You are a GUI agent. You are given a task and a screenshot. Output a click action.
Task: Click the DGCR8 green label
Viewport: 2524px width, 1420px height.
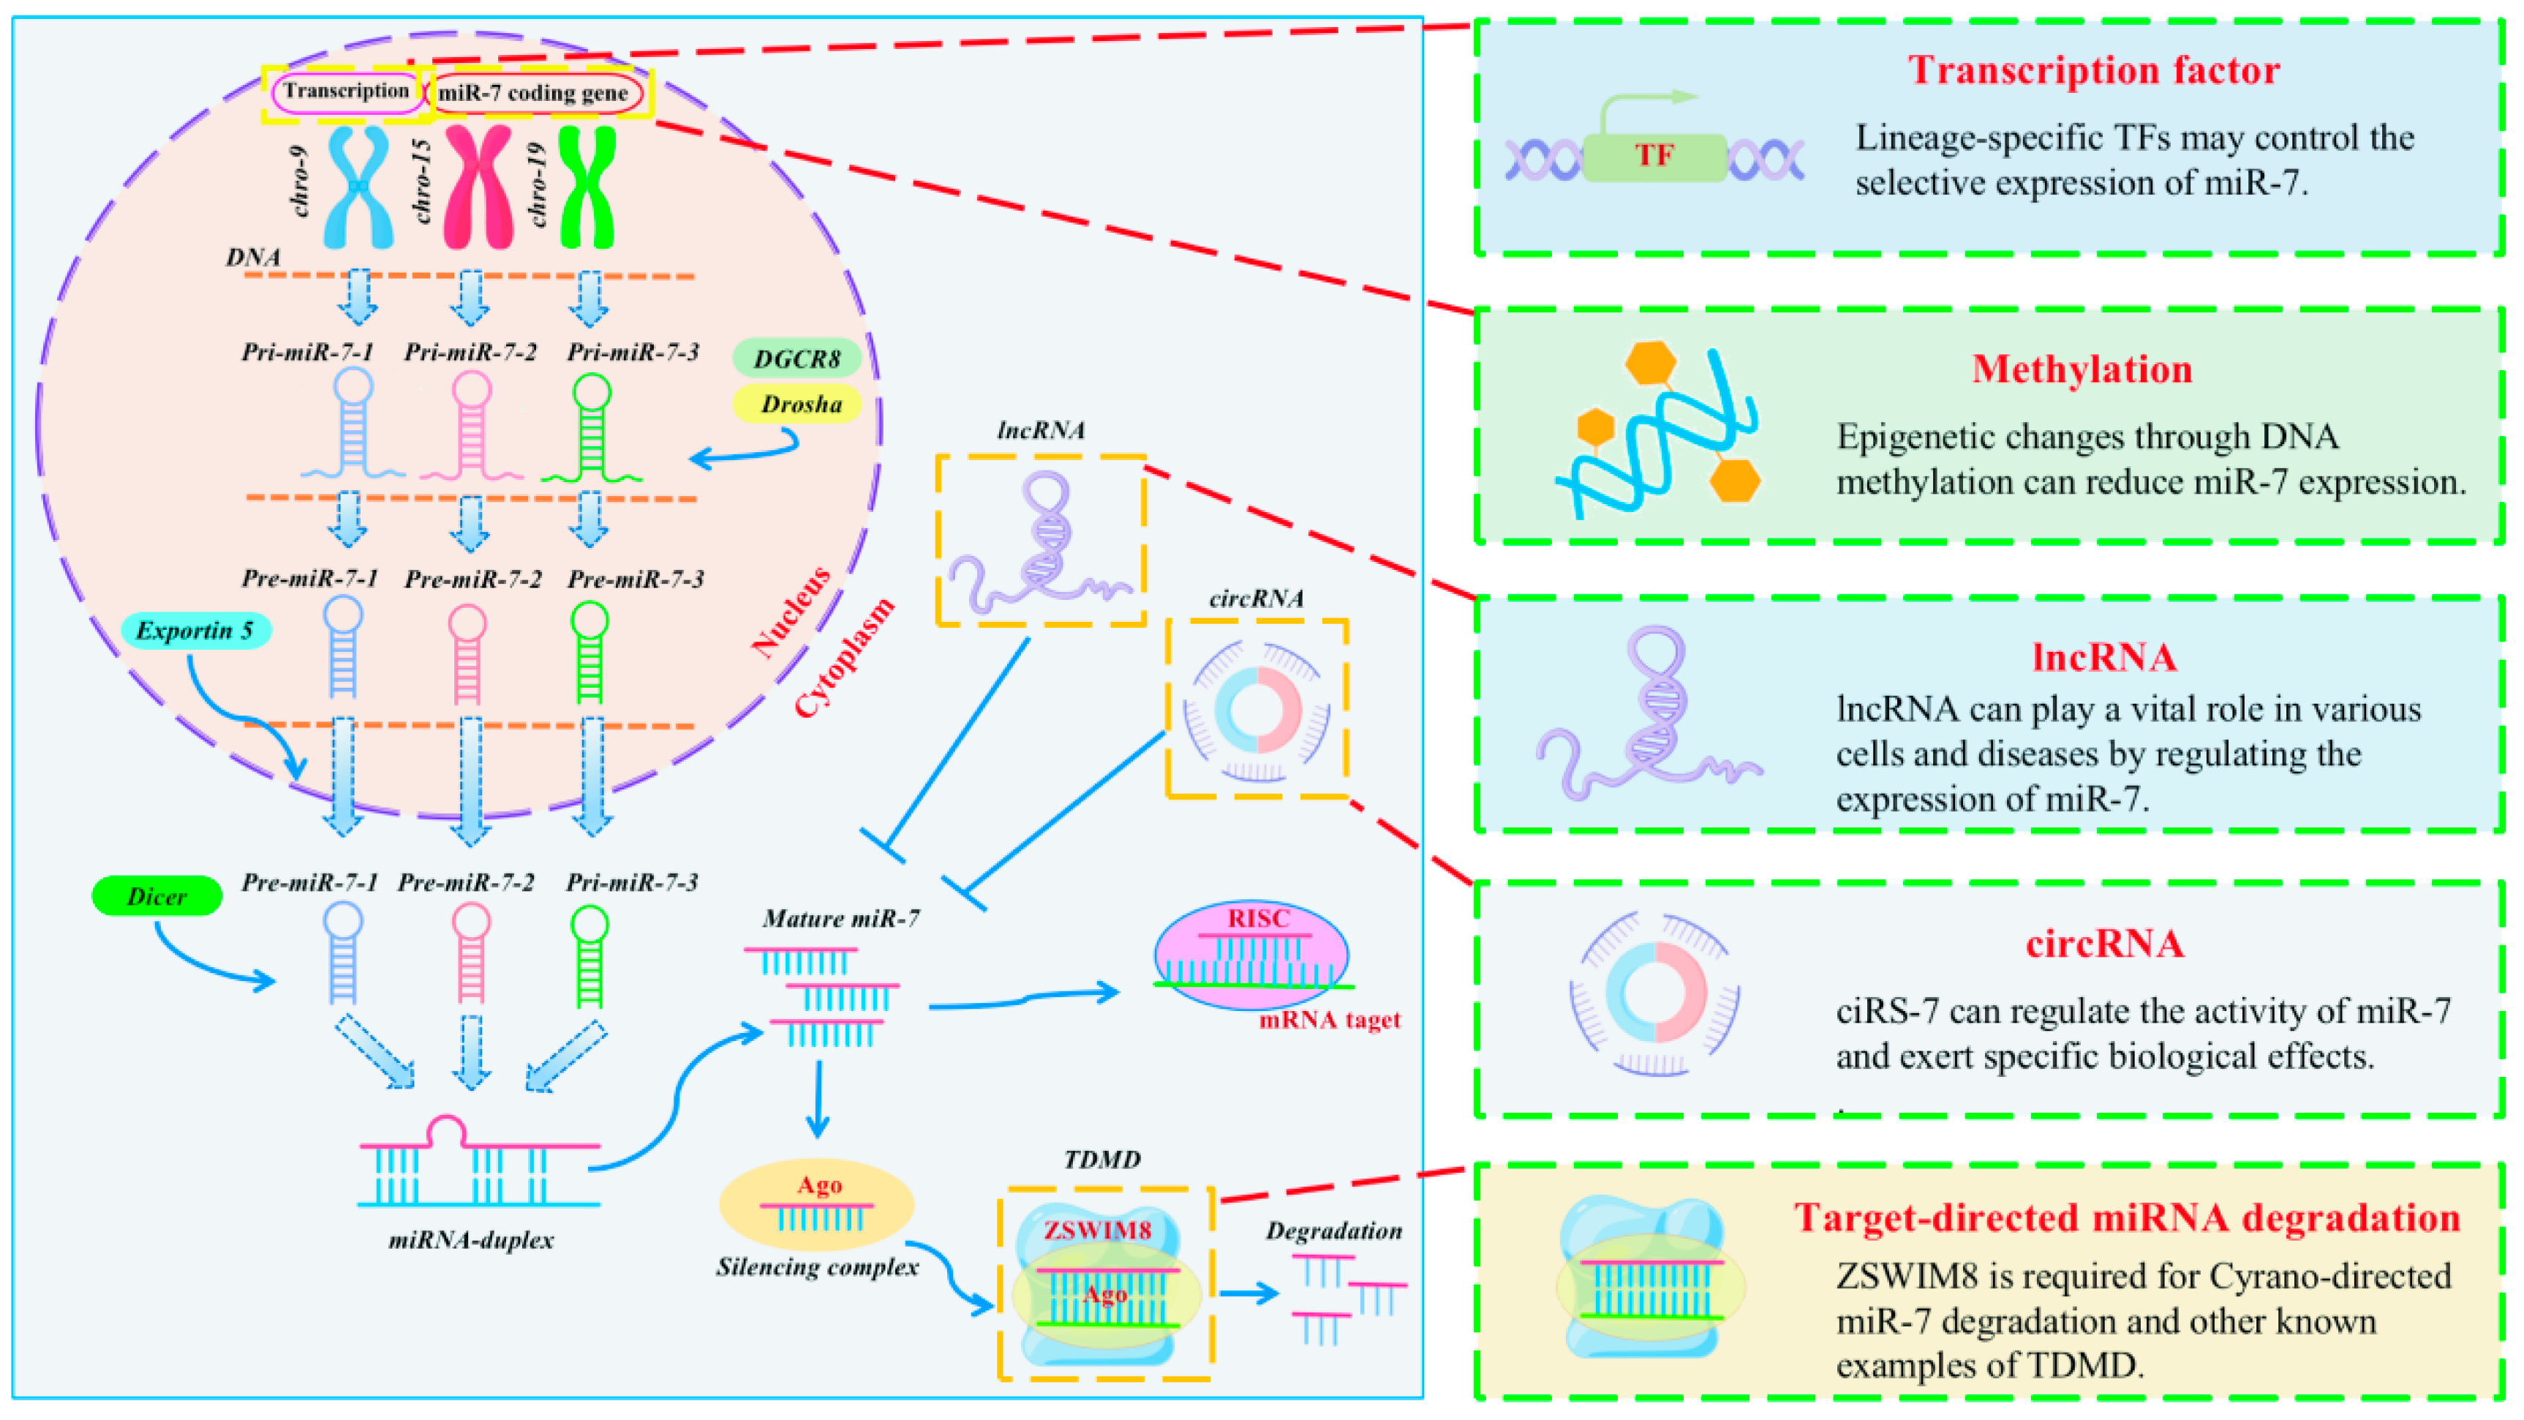pyautogui.click(x=796, y=358)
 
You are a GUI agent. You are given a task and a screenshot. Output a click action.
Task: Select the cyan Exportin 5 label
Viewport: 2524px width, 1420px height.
pyautogui.click(x=195, y=630)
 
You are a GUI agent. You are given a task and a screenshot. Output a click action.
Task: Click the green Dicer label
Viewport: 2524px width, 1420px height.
pyautogui.click(x=157, y=895)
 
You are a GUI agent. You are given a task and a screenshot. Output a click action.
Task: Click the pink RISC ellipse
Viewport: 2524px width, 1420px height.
pyautogui.click(x=1251, y=955)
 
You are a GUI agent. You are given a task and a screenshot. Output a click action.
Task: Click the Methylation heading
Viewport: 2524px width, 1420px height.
pyautogui.click(x=2081, y=369)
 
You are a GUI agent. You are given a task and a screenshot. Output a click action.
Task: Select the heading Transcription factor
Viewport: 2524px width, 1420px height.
pyautogui.click(x=2093, y=70)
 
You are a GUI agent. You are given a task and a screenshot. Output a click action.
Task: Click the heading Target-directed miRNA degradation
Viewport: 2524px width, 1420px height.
pyautogui.click(x=2126, y=1217)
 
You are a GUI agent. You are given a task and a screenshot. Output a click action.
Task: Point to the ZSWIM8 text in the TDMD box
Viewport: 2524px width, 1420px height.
pyautogui.click(x=1096, y=1230)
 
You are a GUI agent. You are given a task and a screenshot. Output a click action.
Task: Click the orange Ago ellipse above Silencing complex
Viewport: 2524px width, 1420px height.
pyautogui.click(x=816, y=1203)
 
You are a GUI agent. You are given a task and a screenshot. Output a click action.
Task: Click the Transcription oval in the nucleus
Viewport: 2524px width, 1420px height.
pyautogui.click(x=347, y=92)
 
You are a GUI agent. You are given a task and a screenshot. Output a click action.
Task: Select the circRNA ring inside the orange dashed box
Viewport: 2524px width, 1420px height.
pyautogui.click(x=1257, y=710)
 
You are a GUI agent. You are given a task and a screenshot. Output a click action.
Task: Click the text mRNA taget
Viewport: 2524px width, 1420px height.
pyautogui.click(x=1329, y=1020)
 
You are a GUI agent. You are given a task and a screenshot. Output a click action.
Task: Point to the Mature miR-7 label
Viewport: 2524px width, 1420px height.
pyautogui.click(x=840, y=918)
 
